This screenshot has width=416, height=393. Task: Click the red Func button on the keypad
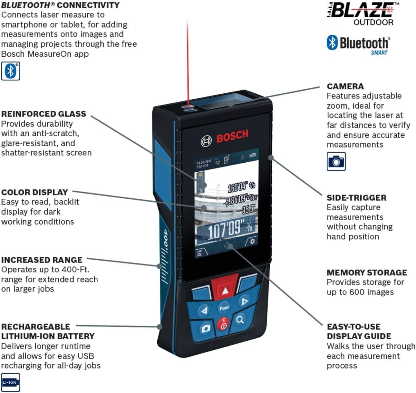[x=224, y=308]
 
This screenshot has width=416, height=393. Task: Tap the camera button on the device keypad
[x=205, y=328]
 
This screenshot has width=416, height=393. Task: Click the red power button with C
[x=223, y=323]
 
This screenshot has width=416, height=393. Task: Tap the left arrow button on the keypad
[x=204, y=311]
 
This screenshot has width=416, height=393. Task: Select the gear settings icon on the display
[x=252, y=242]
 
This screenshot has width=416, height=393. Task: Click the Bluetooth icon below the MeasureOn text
[x=10, y=71]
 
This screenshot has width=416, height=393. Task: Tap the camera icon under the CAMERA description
[x=336, y=161]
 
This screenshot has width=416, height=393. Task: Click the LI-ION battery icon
[x=10, y=382]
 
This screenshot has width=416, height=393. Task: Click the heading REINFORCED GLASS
[x=44, y=114]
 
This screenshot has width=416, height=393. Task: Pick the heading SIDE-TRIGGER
[x=356, y=197]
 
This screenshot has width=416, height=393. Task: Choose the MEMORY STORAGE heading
[x=367, y=273]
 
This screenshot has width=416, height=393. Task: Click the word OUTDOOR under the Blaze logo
[x=373, y=23]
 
